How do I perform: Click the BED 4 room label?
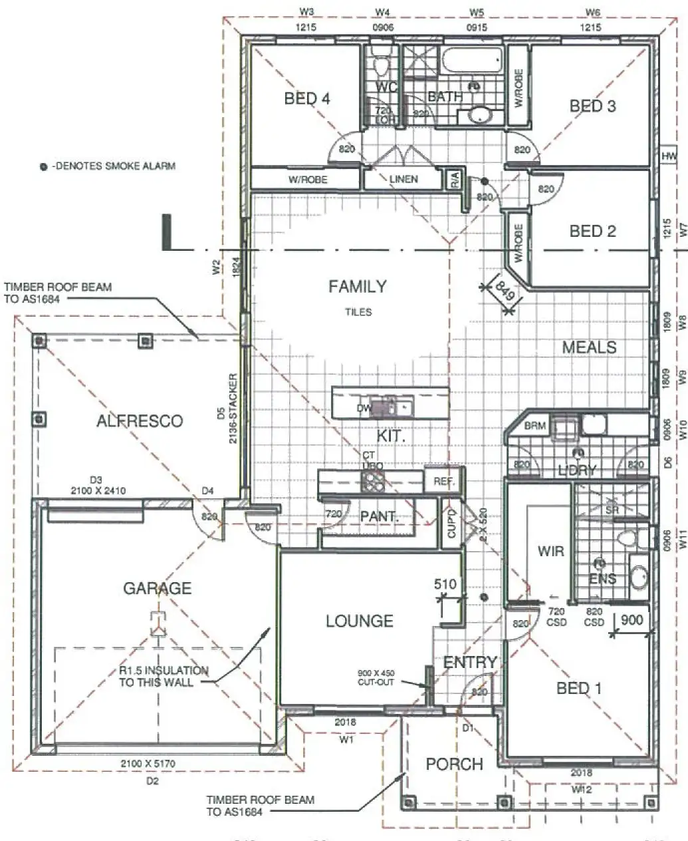tap(306, 98)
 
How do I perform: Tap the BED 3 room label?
tap(592, 106)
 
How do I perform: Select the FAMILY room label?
tap(357, 287)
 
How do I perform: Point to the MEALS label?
tap(589, 347)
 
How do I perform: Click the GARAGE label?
tap(157, 588)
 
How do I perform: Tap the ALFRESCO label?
tap(140, 421)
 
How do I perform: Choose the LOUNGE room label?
tap(359, 621)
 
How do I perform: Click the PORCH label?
tap(455, 764)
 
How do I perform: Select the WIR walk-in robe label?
tap(550, 551)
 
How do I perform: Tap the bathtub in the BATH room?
tap(471, 62)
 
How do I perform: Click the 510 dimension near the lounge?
tap(445, 585)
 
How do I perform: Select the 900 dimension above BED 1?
tap(631, 620)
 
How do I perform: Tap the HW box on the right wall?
tap(668, 156)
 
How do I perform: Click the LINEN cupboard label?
tap(403, 179)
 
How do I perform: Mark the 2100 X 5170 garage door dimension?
tap(148, 764)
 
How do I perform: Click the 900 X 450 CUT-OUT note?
tap(376, 677)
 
